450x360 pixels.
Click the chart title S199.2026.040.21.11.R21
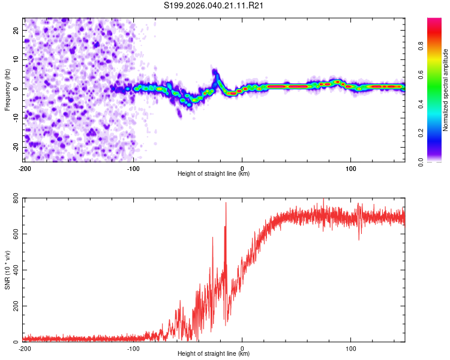click(x=214, y=6)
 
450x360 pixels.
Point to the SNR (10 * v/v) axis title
click(x=7, y=271)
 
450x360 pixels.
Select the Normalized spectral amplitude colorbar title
click(x=445, y=90)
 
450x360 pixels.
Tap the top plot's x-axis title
click(x=214, y=173)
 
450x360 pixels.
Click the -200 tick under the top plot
click(x=25, y=167)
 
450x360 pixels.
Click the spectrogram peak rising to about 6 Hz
click(x=215, y=72)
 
